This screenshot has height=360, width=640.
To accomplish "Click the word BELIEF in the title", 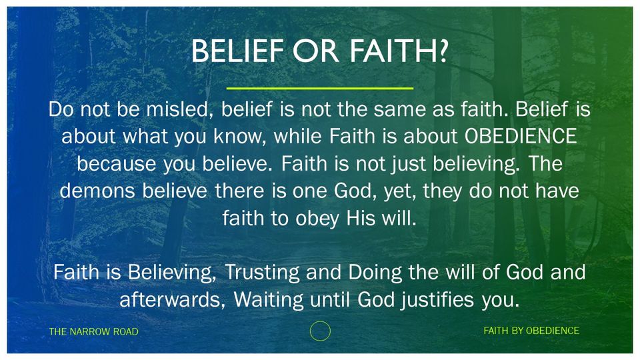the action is [237, 51].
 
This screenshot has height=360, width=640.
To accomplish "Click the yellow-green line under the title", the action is [319, 88].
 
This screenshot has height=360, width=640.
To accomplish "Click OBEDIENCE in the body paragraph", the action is [521, 136].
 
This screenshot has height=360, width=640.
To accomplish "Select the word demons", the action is [97, 191].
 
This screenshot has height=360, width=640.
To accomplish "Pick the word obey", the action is [317, 219].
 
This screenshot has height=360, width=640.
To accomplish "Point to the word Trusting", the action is [262, 273].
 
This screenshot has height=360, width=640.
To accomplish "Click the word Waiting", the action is [268, 300].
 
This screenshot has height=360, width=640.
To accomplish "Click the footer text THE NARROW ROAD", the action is [93, 331].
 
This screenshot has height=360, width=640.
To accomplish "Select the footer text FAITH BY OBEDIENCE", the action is [531, 331].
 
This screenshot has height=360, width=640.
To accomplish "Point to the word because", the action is [117, 164].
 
